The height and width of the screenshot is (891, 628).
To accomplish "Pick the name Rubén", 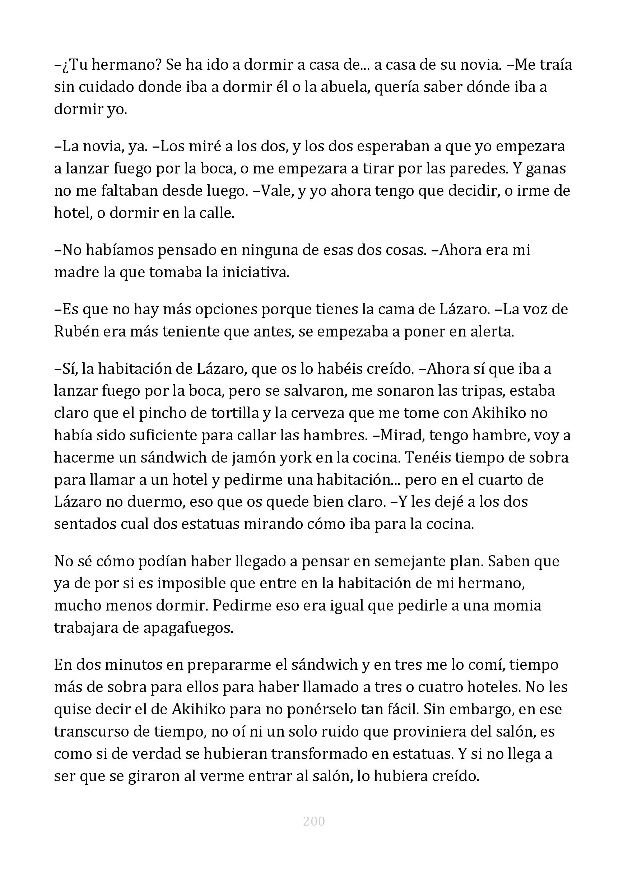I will tap(76, 332).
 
